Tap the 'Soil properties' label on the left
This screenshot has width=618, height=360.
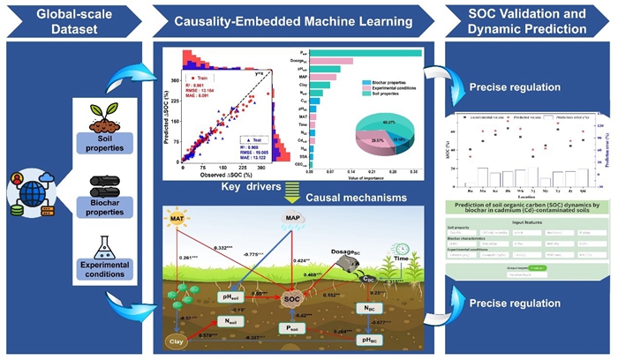pyautogui.click(x=110, y=141)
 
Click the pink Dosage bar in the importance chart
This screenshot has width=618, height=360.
pyautogui.click(x=330, y=62)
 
